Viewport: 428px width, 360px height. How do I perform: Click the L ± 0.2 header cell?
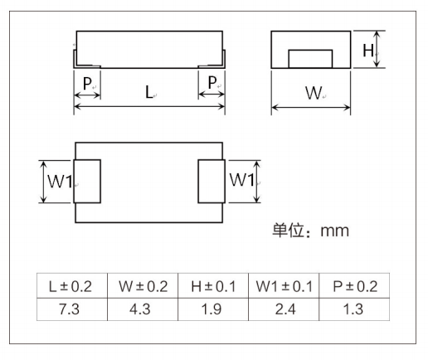72,285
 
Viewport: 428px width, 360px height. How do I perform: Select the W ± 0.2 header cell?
143,285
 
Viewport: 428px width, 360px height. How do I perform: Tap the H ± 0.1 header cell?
213,285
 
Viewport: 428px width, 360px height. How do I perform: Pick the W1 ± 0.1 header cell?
284,285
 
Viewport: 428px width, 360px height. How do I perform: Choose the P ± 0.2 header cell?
354,285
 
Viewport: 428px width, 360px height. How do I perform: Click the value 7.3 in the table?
69,309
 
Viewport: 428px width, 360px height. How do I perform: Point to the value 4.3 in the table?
140,309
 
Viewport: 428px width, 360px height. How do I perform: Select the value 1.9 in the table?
212,309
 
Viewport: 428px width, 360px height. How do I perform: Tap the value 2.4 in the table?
285,309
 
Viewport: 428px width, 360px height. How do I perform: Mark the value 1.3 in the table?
353,309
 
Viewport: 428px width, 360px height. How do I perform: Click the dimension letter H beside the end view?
368,51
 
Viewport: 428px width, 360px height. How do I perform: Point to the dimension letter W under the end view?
314,93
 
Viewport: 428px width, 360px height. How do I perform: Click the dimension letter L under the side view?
149,92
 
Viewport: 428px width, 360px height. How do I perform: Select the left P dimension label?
87,83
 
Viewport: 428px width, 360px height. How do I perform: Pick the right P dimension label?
212,82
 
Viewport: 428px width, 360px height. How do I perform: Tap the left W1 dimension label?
60,182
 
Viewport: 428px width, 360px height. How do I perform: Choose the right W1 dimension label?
242,179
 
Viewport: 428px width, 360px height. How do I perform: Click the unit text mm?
334,231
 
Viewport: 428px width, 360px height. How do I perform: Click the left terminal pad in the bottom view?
87,182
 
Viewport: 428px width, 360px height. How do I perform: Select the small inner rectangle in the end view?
310,59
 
